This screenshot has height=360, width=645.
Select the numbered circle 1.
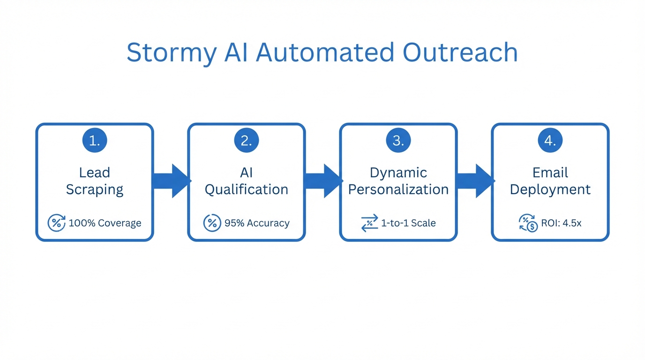[95, 140]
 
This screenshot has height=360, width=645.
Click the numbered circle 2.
[247, 140]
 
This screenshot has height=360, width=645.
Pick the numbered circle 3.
[398, 140]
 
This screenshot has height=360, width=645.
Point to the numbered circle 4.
[550, 140]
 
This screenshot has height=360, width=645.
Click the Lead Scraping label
[95, 181]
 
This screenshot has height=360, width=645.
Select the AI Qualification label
[247, 181]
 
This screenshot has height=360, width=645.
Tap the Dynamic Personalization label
[398, 181]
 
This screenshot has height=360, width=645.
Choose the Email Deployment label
[550, 181]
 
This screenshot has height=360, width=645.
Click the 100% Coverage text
[105, 223]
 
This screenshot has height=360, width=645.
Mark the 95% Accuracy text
[257, 223]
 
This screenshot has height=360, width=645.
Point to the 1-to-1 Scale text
[408, 223]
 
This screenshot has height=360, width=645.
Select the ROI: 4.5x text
[561, 223]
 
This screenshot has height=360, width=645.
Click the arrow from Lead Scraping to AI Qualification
[171, 181]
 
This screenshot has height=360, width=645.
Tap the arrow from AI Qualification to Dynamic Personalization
[323, 181]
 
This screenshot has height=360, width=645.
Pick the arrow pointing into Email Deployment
[475, 181]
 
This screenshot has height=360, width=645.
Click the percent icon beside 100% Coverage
[57, 223]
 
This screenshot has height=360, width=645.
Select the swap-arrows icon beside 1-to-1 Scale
[370, 223]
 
